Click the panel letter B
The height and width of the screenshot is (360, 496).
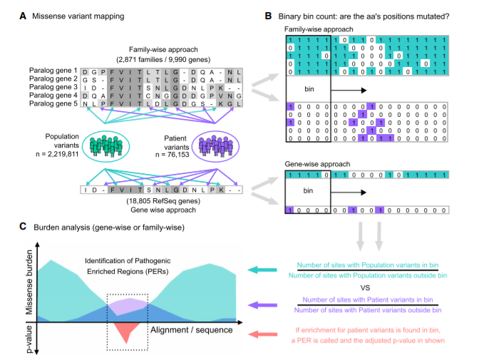click(266, 15)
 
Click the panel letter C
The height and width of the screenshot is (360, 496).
click(25, 227)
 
